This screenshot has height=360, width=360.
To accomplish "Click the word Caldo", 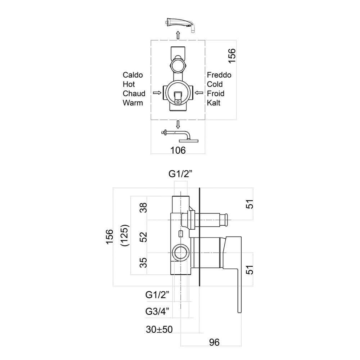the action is point(133,75).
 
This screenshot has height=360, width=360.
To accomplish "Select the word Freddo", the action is point(219,75).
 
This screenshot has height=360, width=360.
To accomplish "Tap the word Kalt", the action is point(213,103).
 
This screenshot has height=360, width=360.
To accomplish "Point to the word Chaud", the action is point(134,94).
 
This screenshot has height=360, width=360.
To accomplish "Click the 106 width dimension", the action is point(178,150).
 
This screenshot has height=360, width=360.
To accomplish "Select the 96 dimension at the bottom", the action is point(214,342).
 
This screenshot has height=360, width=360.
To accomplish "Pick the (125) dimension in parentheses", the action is point(125,235).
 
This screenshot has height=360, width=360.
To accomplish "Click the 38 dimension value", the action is point(144,208).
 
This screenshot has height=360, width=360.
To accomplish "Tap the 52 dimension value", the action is point(144,237).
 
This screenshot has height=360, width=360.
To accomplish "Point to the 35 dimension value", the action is point(144,262).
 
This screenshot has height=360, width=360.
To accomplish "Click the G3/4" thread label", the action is point(157,311).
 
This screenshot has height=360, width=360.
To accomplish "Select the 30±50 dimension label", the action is point(159,329).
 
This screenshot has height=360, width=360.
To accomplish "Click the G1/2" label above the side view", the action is point(180,174).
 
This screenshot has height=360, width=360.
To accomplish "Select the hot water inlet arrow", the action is point(157,93).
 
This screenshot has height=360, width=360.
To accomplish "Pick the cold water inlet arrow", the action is point(199,93).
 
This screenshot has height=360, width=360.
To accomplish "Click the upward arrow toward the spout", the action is point(178,35).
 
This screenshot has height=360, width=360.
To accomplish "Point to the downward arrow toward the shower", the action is point(178,125).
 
